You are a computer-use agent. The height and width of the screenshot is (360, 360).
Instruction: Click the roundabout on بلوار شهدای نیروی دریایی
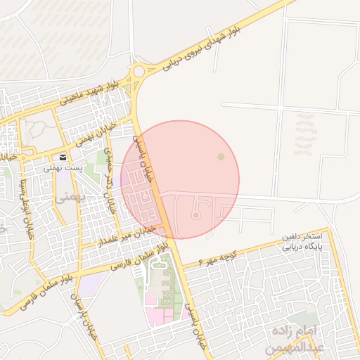tap(139, 70)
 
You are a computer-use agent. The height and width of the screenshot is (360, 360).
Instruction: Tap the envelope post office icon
tap(63, 157)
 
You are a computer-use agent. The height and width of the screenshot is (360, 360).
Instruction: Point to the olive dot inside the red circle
tap(221, 156)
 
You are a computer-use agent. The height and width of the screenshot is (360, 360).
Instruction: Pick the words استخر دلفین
tap(302, 237)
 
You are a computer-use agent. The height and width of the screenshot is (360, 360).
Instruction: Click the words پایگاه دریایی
tap(302, 247)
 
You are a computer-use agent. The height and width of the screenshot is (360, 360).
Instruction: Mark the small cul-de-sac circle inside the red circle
tap(195, 215)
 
